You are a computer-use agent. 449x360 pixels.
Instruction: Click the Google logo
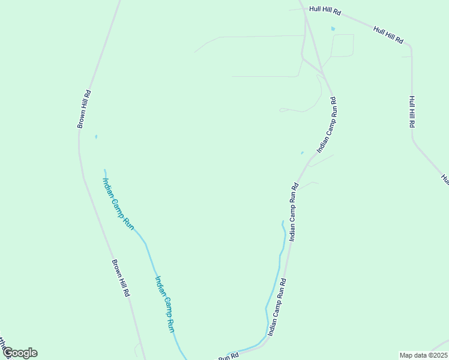(20, 353)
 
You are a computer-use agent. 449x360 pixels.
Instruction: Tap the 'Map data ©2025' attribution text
(423, 355)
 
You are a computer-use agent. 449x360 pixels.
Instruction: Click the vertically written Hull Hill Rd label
(412, 112)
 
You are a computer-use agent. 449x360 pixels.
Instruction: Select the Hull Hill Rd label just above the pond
(325, 10)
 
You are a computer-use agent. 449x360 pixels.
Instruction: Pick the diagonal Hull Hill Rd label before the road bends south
(388, 35)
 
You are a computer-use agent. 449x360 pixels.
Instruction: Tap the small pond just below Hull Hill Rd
(333, 28)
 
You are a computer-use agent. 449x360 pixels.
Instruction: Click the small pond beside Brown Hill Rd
(96, 136)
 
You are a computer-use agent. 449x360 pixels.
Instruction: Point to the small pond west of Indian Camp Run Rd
(302, 152)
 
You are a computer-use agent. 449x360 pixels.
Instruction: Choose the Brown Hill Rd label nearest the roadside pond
(83, 109)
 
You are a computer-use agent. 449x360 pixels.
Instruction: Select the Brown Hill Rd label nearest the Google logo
(121, 279)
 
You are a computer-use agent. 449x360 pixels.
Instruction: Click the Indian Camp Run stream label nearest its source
(118, 202)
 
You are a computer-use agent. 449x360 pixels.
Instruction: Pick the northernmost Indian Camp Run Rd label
(327, 126)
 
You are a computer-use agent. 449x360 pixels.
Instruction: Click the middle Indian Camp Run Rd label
(294, 212)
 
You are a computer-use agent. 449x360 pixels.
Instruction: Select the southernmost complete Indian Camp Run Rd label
(276, 306)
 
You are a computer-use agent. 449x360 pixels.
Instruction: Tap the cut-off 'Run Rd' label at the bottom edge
(229, 356)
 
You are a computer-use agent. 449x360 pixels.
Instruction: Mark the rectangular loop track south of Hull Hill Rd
(342, 46)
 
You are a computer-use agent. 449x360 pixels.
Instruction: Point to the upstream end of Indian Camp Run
(104, 170)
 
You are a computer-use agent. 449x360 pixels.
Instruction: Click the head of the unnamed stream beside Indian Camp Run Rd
(283, 221)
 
